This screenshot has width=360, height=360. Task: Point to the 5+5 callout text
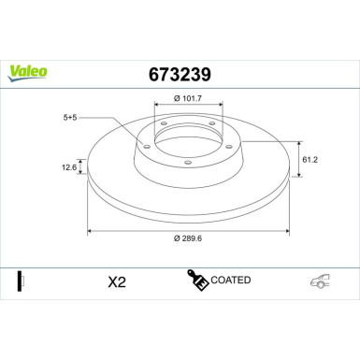tap(72, 119)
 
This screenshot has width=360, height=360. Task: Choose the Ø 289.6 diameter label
tap(190, 238)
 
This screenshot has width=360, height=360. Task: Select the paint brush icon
tap(197, 280)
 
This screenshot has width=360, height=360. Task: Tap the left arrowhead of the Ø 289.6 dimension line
tap(90, 230)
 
